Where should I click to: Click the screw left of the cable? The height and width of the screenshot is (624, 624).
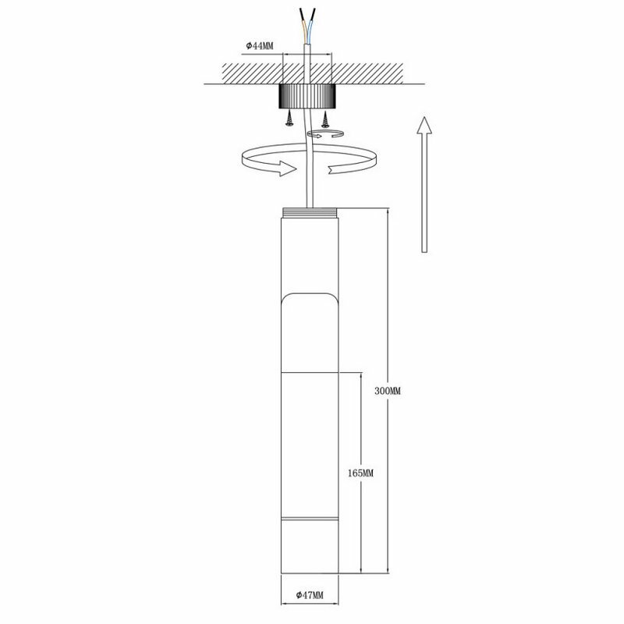(x=290, y=118)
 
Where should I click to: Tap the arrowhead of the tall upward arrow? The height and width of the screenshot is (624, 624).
(x=423, y=127)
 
